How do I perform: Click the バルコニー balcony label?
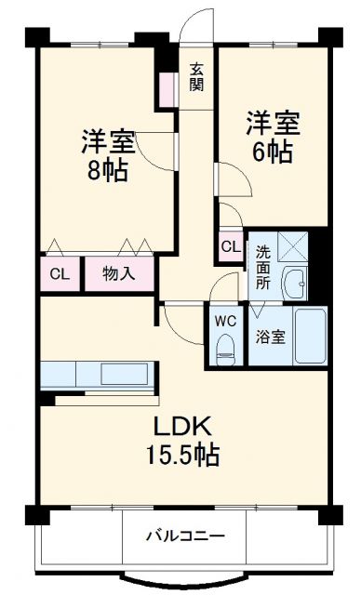[x=184, y=535]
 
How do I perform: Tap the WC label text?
[x=224, y=321]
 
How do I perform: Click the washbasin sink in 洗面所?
[x=296, y=284]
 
